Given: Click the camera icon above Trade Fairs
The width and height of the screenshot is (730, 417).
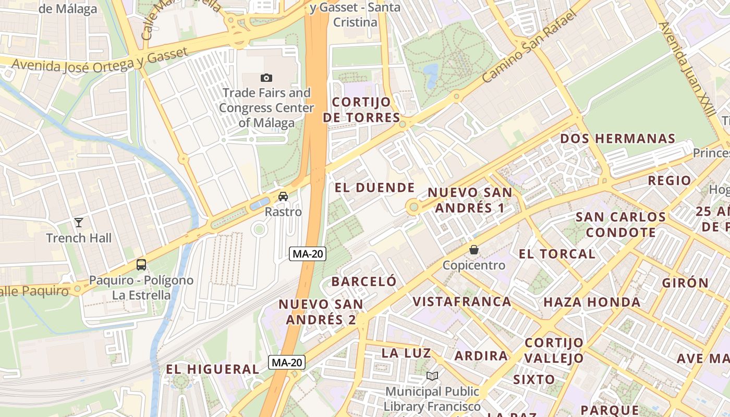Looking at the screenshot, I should point(266,78).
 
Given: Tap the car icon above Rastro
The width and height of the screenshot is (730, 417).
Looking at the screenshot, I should point(283,197).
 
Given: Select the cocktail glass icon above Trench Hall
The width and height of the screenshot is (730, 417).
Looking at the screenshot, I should point(79,223).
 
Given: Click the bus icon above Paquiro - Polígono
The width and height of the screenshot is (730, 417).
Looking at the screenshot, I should point(141,264).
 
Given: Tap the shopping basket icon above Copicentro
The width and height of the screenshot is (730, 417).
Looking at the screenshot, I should point(474,250).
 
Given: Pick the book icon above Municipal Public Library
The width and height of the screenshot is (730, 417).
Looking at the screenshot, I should point(432,376).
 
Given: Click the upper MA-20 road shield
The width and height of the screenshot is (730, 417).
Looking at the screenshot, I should point(308,254).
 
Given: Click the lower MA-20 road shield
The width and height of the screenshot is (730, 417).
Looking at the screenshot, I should point(287,362).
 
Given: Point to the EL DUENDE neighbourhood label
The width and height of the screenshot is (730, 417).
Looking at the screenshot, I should point(374,188).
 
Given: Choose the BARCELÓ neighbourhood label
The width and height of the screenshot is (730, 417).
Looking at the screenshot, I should point(364,281).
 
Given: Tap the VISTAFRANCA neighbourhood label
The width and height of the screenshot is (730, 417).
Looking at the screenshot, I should point(462,301).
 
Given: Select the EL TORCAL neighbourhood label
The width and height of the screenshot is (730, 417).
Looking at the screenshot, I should point(557,254).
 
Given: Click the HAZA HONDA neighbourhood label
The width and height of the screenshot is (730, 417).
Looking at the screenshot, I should point(592,302).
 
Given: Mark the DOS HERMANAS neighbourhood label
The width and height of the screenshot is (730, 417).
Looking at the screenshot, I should point(618,139).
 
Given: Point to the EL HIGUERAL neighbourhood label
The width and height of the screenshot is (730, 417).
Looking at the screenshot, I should point(212,369).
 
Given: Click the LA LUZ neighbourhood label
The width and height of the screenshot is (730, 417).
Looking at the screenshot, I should point(406,353).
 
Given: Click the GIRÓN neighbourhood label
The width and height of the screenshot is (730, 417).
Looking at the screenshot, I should point(685,283).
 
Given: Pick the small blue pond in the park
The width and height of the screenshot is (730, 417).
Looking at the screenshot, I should point(431,76).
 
